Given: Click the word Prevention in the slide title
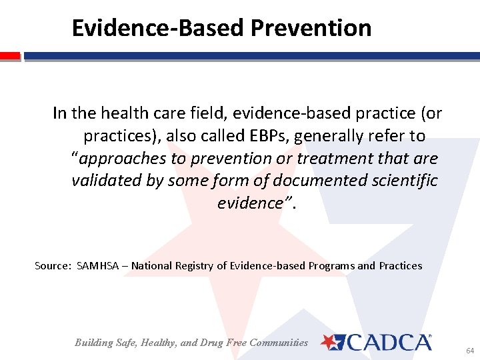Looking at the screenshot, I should click(x=311, y=28).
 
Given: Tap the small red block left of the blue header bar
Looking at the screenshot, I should click(x=10, y=57).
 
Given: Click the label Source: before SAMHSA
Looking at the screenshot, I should click(x=53, y=266).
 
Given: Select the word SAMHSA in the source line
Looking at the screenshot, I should click(x=100, y=266).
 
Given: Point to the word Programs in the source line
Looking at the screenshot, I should click(x=331, y=266).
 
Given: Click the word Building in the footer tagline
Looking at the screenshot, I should click(x=95, y=343).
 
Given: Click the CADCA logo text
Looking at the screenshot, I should click(x=389, y=343).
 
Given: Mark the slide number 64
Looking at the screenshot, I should click(x=470, y=349).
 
